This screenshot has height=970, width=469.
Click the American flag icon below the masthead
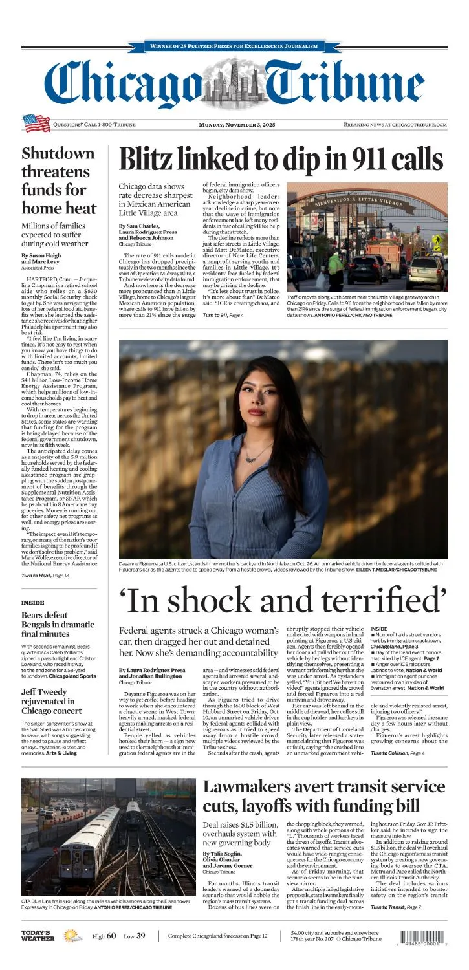click(37, 123)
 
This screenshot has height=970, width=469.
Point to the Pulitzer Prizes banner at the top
click(234, 47)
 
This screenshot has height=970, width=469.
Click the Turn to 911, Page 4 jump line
click(223, 314)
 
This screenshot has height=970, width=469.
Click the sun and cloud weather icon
click(72, 954)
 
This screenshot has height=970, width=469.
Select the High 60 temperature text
click(104, 954)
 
